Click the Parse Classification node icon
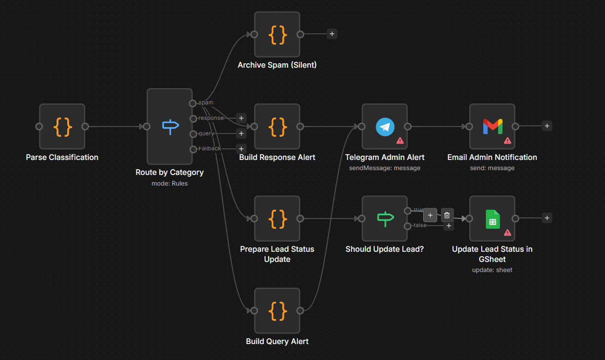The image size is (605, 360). coord(62,127)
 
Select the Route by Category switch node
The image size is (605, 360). coord(170,127)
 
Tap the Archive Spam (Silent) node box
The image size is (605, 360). coord(277,34)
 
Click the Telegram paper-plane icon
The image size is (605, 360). coord(385,127)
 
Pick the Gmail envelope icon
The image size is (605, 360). coord(492,127)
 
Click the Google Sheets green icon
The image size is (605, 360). coord(492,218)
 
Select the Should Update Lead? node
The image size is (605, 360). coord(384,218)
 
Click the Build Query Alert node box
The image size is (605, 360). coord(277,311)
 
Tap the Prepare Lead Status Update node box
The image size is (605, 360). coord(277,218)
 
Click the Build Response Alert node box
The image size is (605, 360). coord(277,127)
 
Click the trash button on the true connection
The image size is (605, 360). coord(447,215)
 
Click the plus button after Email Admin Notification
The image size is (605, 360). coord(547,126)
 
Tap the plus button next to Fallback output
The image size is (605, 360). coord(241,149)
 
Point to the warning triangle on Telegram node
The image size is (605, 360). coord(400,141)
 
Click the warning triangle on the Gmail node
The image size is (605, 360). coord(507,141)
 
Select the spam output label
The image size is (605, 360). coord(206,102)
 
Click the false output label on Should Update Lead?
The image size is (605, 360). coord(420,225)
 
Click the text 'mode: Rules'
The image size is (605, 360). coord(170,183)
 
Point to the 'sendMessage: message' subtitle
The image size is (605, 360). coord(384,168)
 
